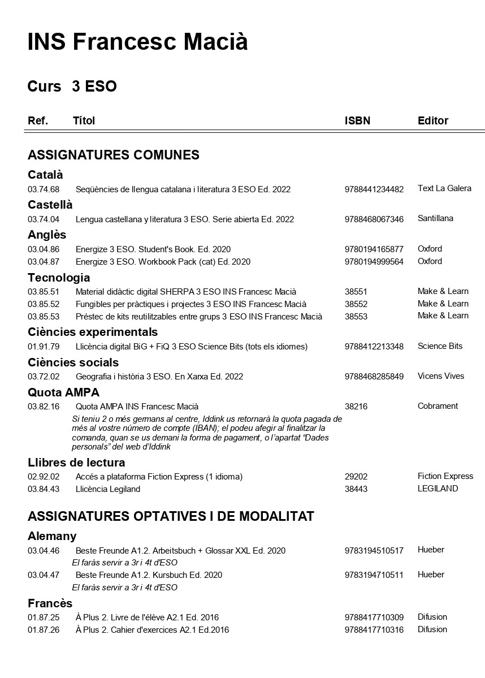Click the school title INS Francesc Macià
point(137,42)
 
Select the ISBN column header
point(357,120)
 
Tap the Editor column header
point(432,120)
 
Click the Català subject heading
point(45,175)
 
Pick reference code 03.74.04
point(44,219)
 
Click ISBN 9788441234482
point(374,189)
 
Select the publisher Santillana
point(435,218)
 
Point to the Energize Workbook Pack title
point(163,262)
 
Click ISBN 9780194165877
point(374,249)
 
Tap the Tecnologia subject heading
point(59,278)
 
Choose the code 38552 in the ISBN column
point(356,304)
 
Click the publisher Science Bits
point(440,346)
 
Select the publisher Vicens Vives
point(441,376)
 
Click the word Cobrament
point(438,406)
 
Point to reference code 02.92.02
point(44,477)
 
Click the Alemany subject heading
point(52,536)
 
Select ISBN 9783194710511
point(374,575)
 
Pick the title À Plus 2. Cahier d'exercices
point(152,630)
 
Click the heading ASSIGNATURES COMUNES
point(113,155)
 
